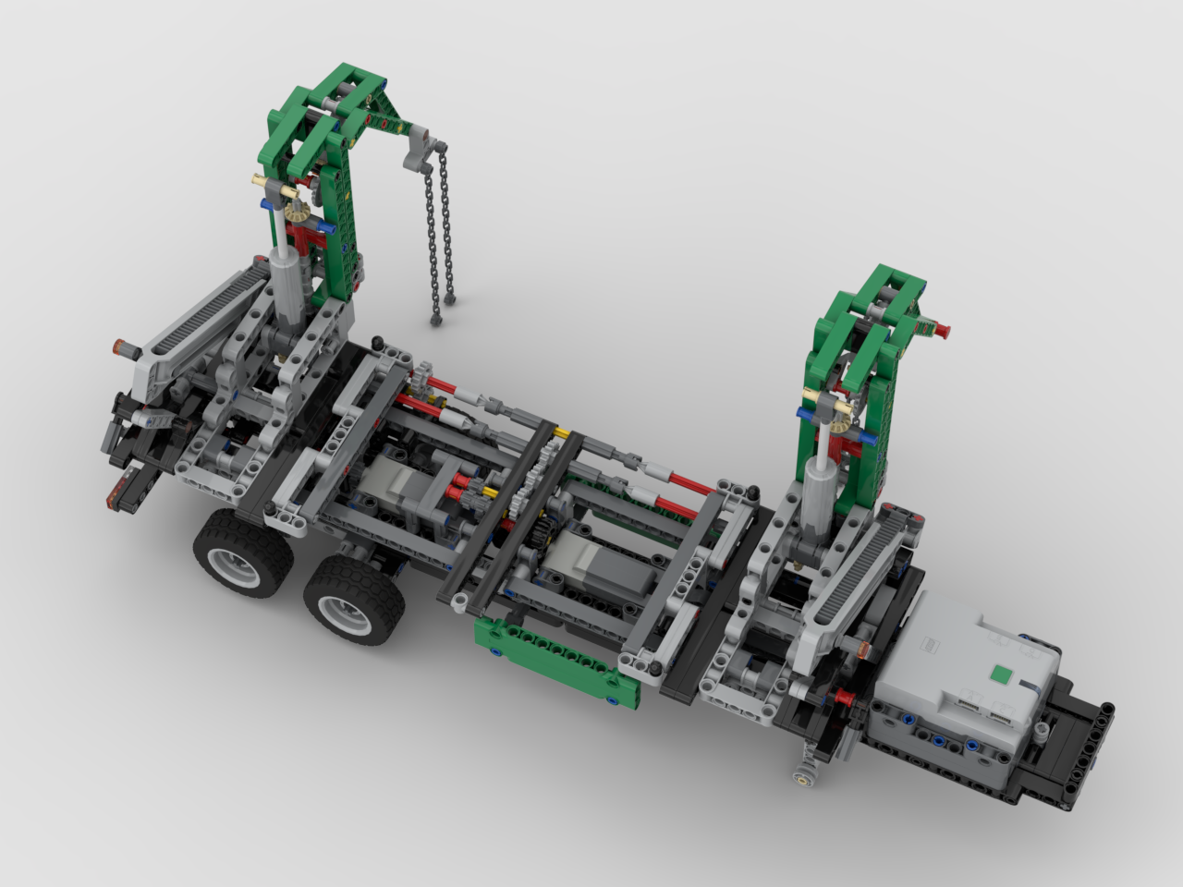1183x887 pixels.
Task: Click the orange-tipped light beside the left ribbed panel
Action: [124, 348]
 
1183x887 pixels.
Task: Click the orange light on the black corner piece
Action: [116, 499]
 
